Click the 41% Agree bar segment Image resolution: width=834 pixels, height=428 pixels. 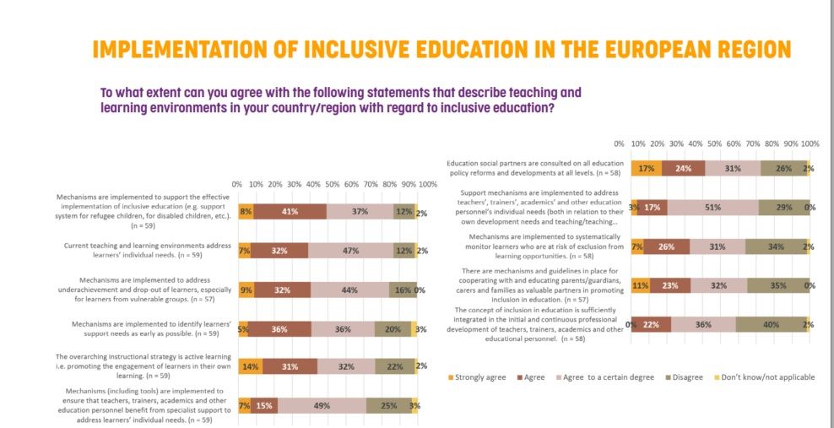290,211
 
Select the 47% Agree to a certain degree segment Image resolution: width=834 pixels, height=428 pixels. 350,250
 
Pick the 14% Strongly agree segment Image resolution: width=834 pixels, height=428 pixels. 250,366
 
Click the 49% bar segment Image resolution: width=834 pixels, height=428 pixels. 321,406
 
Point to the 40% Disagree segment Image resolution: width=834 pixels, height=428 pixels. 772,325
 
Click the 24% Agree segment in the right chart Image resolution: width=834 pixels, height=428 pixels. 682,168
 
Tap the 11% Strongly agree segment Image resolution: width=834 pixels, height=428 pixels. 641,285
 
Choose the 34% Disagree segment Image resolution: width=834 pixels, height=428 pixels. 776,247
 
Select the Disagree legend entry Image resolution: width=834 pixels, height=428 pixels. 682,377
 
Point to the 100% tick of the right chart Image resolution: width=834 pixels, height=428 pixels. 809,144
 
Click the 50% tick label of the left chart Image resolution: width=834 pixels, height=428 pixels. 333,184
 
